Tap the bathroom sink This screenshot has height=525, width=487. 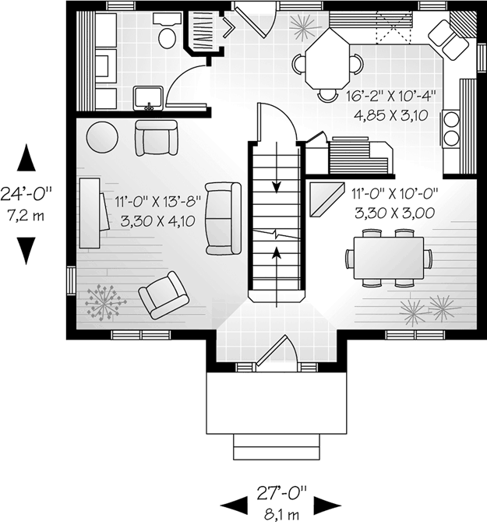(x=148, y=97)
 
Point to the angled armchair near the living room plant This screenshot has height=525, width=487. (x=163, y=295)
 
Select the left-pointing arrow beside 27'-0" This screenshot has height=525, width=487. (x=234, y=506)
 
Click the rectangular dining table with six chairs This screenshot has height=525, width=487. (x=388, y=256)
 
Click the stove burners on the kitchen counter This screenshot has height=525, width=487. (x=451, y=129)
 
